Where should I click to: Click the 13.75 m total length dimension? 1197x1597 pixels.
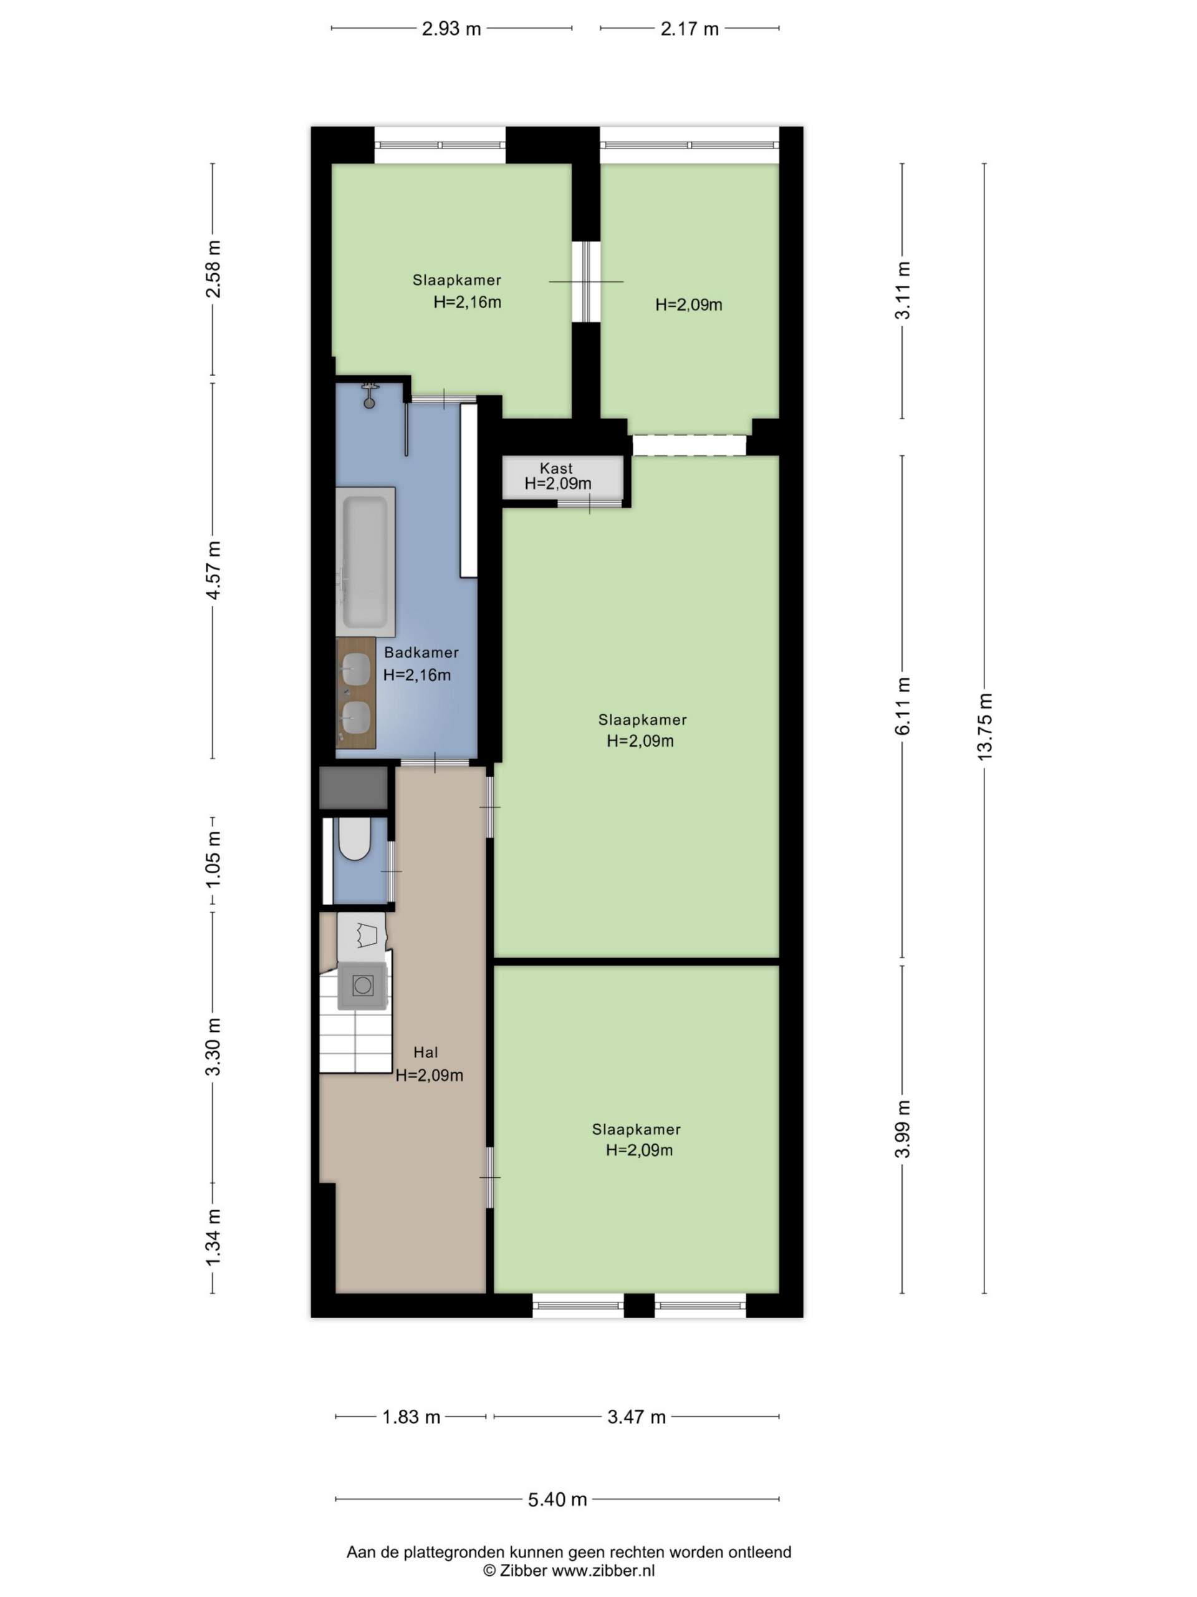(985, 726)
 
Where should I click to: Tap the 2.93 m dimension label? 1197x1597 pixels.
(451, 29)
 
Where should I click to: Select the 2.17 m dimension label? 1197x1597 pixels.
(689, 29)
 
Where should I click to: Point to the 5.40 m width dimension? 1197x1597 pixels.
(557, 1499)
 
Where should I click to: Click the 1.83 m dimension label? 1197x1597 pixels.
(411, 1417)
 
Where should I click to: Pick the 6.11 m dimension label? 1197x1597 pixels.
(903, 706)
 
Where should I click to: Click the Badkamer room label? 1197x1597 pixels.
(421, 653)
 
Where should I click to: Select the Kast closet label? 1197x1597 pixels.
(556, 468)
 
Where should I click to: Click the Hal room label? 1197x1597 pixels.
(426, 1052)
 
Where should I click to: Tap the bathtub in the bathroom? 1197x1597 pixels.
(366, 561)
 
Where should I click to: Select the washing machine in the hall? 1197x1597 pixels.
(363, 985)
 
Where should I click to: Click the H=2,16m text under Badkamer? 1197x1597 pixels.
(417, 675)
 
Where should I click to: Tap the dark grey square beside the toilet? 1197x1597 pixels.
(353, 788)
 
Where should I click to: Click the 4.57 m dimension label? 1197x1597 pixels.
(214, 570)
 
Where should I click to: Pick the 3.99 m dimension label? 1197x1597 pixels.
(903, 1129)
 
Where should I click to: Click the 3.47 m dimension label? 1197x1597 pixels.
(637, 1417)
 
